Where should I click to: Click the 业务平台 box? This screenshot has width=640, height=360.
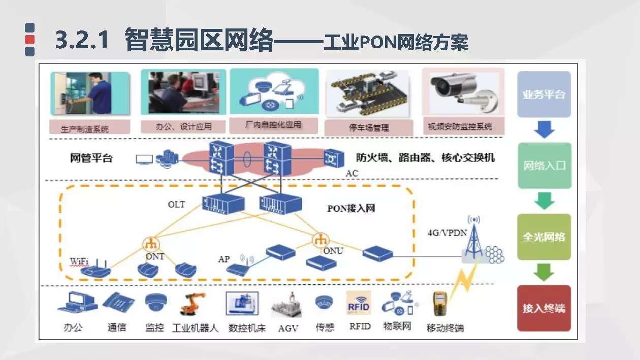coord(543,94)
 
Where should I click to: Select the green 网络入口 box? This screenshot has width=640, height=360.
coord(544,166)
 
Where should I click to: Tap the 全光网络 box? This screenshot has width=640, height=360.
coord(544,237)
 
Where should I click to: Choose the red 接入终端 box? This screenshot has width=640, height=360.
coord(544,308)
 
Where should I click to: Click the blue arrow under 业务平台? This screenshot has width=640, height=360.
coord(544,130)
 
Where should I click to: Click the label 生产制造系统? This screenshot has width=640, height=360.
coord(85,128)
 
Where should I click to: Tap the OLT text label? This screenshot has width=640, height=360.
coord(177,205)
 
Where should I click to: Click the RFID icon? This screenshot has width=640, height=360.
coord(359,304)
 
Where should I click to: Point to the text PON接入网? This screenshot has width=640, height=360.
coord(351,208)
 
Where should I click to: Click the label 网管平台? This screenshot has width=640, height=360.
coord(91,158)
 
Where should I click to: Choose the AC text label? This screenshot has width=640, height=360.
coord(352,174)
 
